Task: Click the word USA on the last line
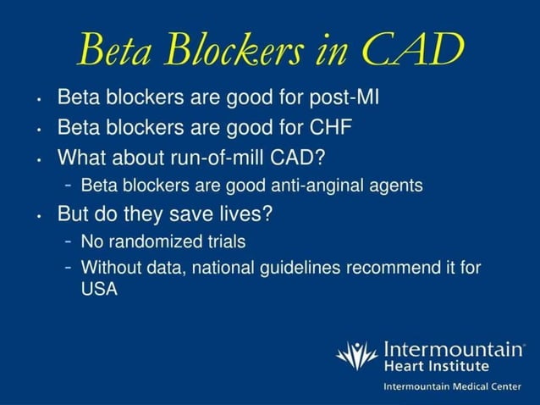(98, 289)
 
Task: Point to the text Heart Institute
(436, 366)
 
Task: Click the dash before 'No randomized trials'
(67, 241)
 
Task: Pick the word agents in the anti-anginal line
(399, 186)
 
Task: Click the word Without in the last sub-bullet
(111, 268)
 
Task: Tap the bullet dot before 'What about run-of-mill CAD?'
(40, 159)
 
